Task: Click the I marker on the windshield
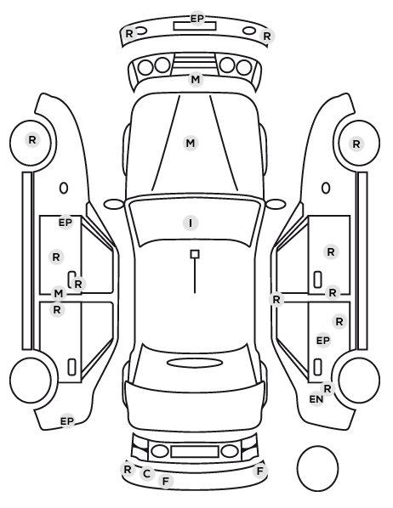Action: pos(191,223)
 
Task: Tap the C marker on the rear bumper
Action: pos(146,473)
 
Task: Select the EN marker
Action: pos(316,399)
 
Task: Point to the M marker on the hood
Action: pos(191,143)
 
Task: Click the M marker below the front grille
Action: pos(196,79)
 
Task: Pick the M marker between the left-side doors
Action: pos(59,294)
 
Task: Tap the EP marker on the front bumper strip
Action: pos(197,19)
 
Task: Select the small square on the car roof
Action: pos(195,254)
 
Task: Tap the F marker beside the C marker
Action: pos(166,481)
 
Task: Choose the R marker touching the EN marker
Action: pos(327,388)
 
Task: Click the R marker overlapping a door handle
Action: pos(78,284)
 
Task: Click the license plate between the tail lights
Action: pos(195,452)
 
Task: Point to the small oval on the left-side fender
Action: pos(64,188)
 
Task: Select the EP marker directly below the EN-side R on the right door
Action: pos(323,341)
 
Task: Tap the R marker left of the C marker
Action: pos(128,469)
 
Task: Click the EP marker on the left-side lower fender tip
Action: pos(67,421)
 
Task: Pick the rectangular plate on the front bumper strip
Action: pos(195,26)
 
